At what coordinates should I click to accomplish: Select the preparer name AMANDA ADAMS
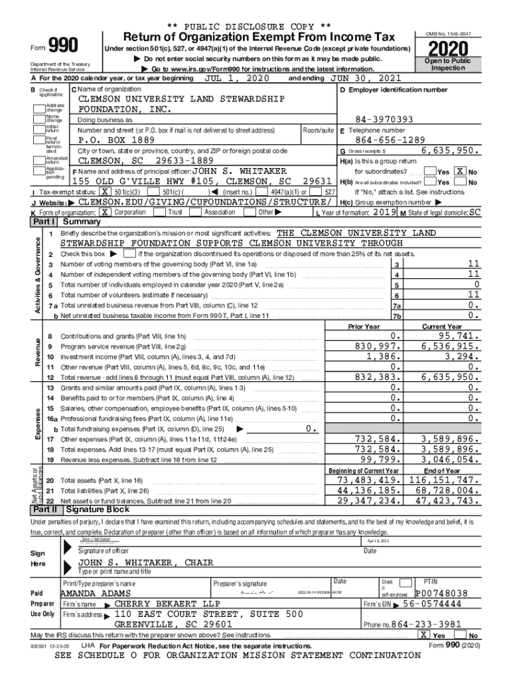[96, 593]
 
